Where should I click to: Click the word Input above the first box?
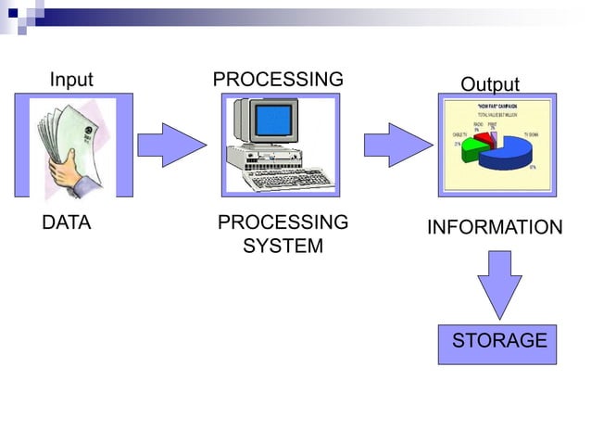(x=71, y=80)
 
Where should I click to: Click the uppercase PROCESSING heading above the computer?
(x=278, y=80)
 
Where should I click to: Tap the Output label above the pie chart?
(x=490, y=84)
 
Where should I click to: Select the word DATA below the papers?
(x=67, y=223)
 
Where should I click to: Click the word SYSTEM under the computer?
(x=283, y=247)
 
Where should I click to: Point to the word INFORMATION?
(x=494, y=228)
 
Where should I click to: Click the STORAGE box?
(x=497, y=342)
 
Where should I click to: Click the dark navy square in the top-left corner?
(x=11, y=13)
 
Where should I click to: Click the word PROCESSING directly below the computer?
(x=283, y=223)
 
